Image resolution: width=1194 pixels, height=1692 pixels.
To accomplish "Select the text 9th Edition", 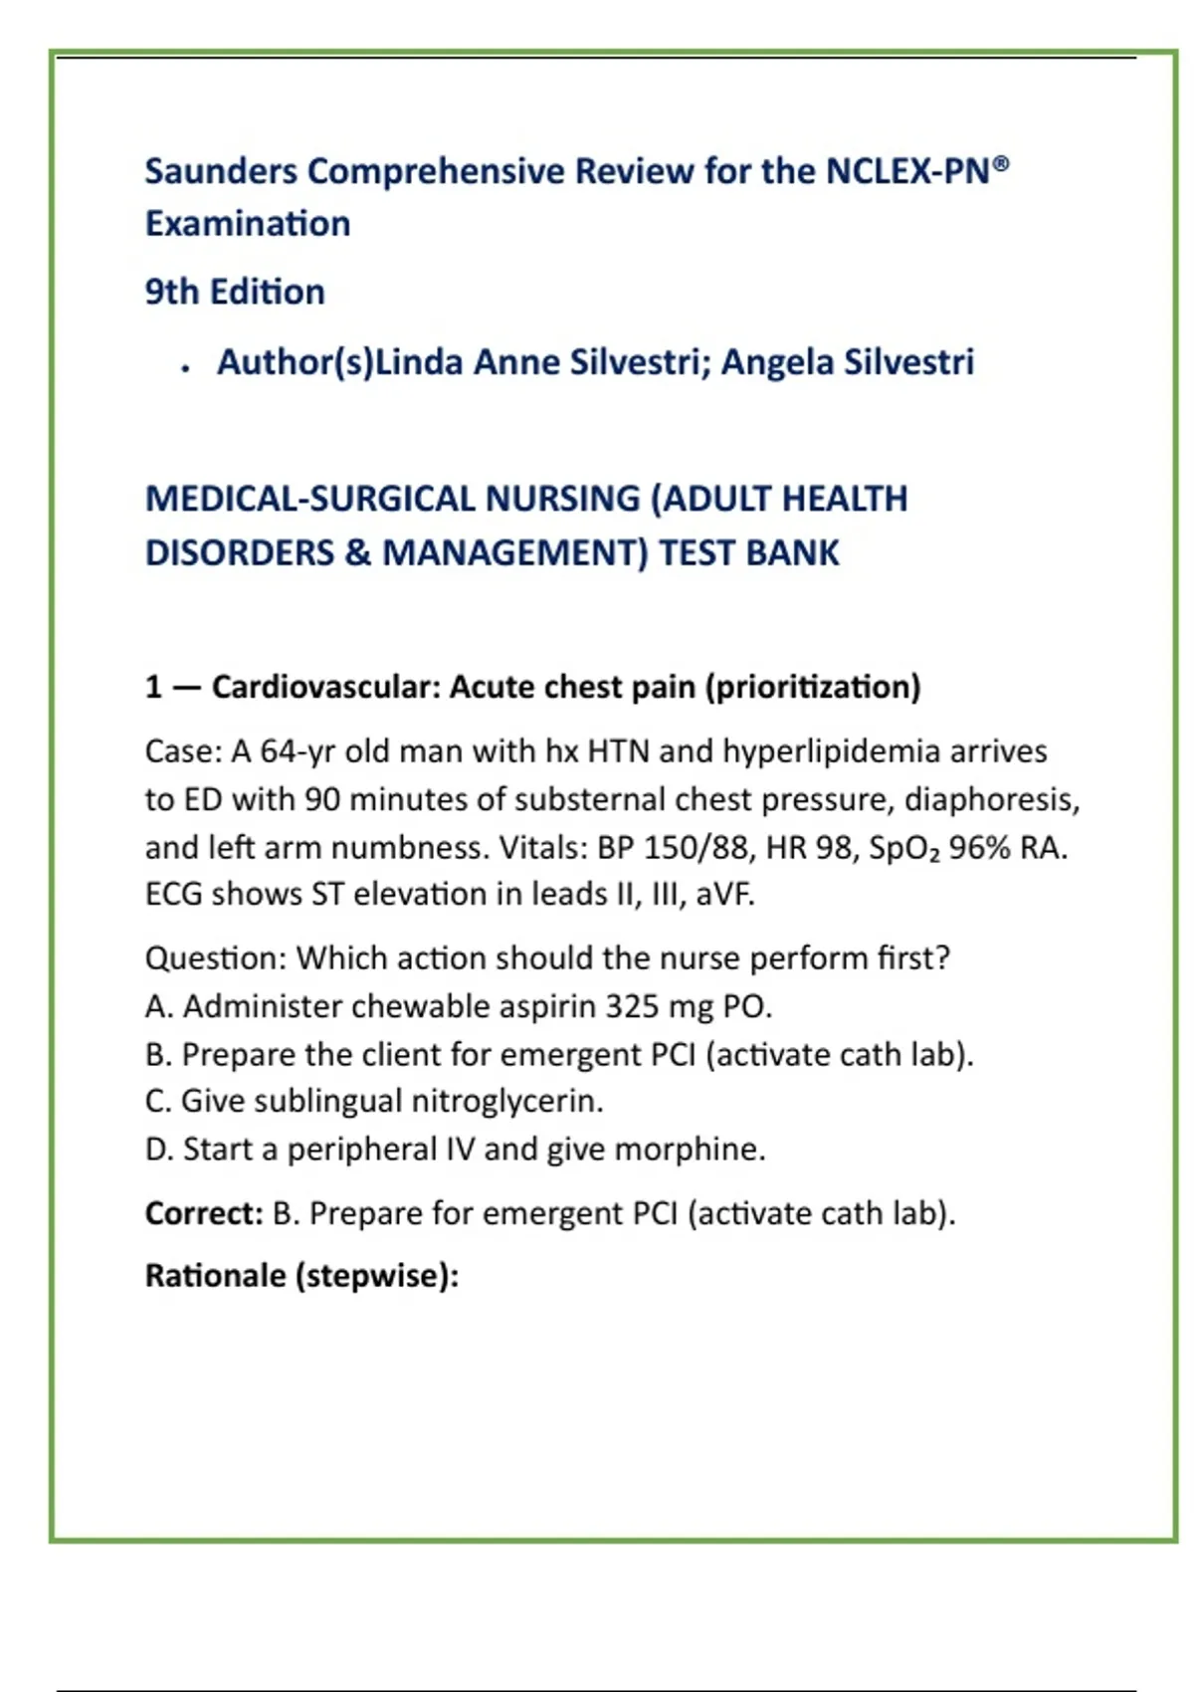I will click(235, 292).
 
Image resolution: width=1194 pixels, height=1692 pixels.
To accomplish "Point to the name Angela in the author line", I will click(777, 362).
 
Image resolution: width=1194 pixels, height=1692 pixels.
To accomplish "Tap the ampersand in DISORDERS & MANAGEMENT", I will click(358, 552).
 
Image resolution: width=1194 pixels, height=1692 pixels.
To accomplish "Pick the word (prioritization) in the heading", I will click(812, 687).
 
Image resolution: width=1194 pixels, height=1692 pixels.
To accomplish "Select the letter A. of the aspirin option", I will click(159, 1006).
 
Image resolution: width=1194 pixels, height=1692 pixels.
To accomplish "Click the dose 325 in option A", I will click(632, 1006).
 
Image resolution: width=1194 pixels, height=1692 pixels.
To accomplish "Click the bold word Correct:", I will click(204, 1213).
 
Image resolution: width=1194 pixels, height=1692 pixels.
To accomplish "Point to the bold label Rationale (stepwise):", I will click(301, 1275).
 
